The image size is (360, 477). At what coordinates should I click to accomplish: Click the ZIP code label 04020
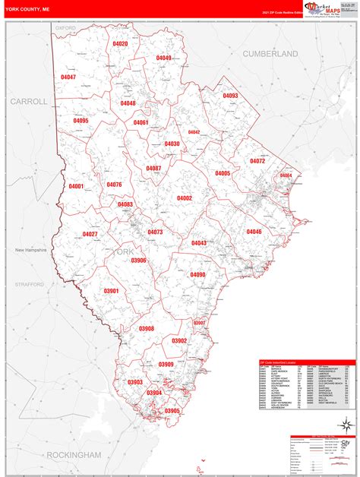[121, 45]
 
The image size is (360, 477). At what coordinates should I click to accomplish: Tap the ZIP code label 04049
[164, 58]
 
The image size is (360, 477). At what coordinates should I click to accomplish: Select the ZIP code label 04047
[68, 77]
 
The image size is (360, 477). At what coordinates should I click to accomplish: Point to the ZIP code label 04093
[230, 96]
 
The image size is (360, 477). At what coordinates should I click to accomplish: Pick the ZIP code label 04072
[257, 162]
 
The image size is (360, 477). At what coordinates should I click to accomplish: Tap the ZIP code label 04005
[223, 174]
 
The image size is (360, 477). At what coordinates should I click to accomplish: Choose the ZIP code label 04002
[185, 198]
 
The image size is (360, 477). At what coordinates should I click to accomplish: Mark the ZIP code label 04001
[77, 186]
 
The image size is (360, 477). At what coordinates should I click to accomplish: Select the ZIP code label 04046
[254, 232]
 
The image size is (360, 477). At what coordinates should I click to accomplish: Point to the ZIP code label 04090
[197, 275]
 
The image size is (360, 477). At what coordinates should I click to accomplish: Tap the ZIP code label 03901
[111, 292]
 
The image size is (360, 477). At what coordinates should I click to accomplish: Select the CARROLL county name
[29, 101]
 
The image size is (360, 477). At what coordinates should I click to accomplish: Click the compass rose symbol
[346, 424]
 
